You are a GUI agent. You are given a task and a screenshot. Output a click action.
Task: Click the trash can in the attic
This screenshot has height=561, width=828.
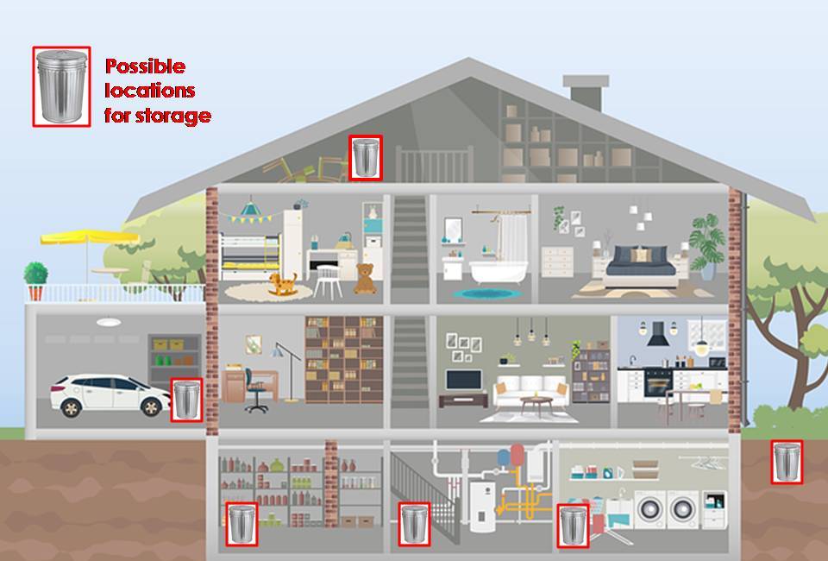coord(366,158)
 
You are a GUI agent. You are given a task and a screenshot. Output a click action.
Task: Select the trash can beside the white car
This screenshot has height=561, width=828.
coord(186,400)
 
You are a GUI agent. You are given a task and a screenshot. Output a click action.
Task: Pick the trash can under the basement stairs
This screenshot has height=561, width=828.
coord(414,524)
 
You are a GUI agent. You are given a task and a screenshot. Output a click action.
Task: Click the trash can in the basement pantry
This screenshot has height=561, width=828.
coord(241,524)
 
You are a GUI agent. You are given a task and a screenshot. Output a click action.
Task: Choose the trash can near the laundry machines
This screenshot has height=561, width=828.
coord(573,526)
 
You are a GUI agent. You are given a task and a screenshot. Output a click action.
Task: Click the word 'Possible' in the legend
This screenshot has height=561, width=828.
coord(145,66)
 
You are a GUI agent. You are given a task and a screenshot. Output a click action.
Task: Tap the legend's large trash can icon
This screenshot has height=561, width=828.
coord(61,86)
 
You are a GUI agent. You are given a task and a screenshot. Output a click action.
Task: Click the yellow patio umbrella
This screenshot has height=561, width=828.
coord(78,236)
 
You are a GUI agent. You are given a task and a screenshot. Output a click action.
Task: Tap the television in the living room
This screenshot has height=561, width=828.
coord(463,381)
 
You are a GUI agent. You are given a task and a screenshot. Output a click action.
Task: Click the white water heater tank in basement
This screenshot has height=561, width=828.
coord(480,506)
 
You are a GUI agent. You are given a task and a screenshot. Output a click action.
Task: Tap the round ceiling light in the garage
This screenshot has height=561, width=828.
coord(109,323)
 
